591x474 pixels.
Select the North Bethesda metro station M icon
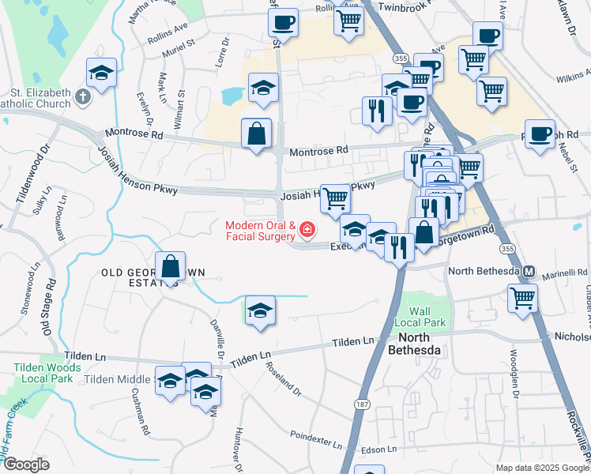pyautogui.click(x=529, y=272)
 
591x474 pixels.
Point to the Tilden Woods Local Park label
pyautogui.click(x=47, y=374)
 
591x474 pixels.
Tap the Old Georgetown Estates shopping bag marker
pyautogui.click(x=171, y=266)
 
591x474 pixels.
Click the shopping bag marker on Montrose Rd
pyautogui.click(x=257, y=134)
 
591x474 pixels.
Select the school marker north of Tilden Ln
pyautogui.click(x=260, y=310)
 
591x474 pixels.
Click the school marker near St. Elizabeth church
pyautogui.click(x=101, y=73)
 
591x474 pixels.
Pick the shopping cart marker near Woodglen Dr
pyautogui.click(x=523, y=299)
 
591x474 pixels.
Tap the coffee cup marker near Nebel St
pyautogui.click(x=540, y=134)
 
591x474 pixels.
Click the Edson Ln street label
pyautogui.click(x=378, y=450)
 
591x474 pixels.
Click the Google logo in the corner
pyautogui.click(x=25, y=465)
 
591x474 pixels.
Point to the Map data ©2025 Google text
pyautogui.click(x=543, y=468)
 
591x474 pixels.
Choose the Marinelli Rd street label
pyautogui.click(x=561, y=273)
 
